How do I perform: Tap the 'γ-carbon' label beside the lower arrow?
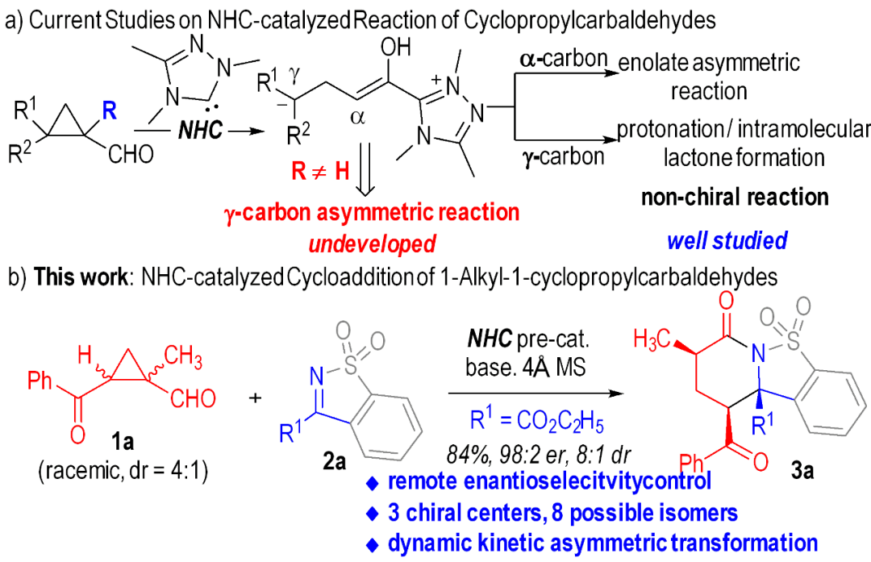[x=565, y=156]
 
